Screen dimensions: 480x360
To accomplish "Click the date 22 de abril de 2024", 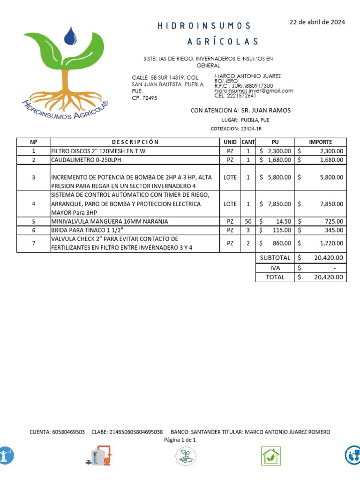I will [x=317, y=22].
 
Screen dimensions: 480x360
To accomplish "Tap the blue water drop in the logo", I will [x=71, y=36].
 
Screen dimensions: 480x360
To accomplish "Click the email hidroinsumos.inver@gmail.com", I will [x=254, y=90].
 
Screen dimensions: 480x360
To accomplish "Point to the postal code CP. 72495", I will [x=144, y=98].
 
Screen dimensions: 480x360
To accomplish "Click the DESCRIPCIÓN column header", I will [x=135, y=142].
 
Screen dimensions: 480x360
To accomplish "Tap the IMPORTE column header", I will [x=321, y=142].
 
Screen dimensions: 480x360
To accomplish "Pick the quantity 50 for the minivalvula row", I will [x=247, y=221].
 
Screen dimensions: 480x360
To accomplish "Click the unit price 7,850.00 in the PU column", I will [x=279, y=204].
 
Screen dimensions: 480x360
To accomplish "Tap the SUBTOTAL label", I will [x=275, y=258].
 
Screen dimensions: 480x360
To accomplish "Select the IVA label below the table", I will [x=275, y=268].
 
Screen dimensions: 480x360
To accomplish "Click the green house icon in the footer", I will [x=270, y=456].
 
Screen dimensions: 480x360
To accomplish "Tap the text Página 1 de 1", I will [x=180, y=440].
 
